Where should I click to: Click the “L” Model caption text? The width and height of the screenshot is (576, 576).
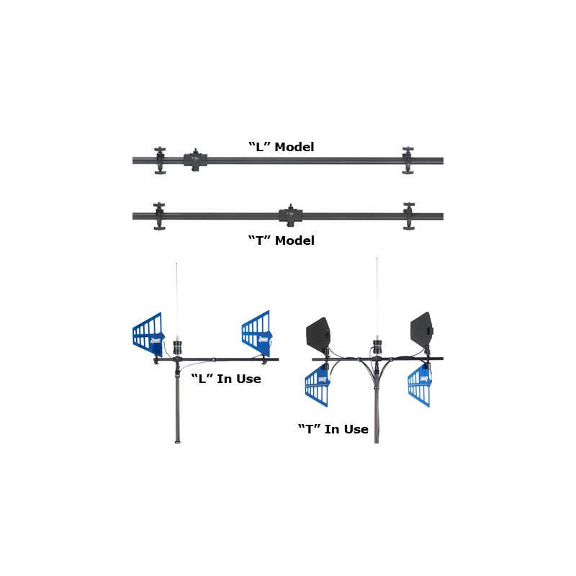click(x=281, y=147)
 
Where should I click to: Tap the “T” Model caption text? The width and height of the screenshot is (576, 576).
click(x=281, y=240)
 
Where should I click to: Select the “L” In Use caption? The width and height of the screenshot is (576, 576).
click(x=225, y=379)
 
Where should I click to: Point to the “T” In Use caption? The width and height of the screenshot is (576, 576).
click(x=333, y=429)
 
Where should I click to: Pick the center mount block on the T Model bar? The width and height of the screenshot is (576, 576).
click(x=289, y=215)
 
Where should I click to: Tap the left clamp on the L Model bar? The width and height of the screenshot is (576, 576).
click(x=159, y=161)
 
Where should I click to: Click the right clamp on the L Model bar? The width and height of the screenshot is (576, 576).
click(x=408, y=160)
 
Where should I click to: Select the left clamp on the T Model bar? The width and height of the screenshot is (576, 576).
click(x=158, y=216)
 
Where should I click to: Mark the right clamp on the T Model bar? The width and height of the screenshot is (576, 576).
click(x=409, y=215)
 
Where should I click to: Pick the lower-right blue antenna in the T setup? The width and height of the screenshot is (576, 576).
click(x=420, y=386)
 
